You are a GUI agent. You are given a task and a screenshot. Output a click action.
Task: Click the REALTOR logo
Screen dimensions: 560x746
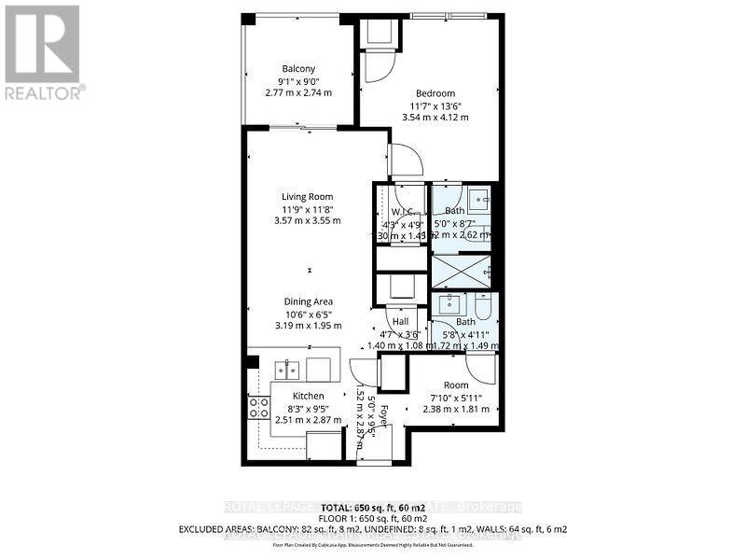point(43,52)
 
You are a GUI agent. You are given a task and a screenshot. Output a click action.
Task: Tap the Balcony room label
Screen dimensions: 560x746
point(298,68)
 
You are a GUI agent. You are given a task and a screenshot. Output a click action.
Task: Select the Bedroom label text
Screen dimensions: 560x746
point(435,93)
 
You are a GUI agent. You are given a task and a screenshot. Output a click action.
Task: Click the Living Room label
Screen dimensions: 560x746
point(308,196)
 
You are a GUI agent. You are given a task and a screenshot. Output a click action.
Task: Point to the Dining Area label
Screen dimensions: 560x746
point(308,301)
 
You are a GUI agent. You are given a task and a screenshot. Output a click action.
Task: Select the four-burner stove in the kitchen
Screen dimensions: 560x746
point(258,408)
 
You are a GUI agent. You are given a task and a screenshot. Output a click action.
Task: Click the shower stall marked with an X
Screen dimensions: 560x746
point(462,272)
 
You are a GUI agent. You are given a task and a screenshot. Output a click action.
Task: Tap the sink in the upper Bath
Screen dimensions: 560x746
point(478,198)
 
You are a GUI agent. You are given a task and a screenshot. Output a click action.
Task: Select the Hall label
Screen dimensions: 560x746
point(401,322)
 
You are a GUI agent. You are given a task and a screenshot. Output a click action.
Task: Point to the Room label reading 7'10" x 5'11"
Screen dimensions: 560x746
point(456,385)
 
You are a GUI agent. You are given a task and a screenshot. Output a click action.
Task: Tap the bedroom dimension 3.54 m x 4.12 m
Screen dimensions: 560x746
point(435,118)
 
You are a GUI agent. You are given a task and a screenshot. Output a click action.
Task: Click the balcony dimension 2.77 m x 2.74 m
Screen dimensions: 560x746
point(298,92)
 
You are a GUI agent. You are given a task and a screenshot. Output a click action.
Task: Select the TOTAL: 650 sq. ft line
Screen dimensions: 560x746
point(373,506)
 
